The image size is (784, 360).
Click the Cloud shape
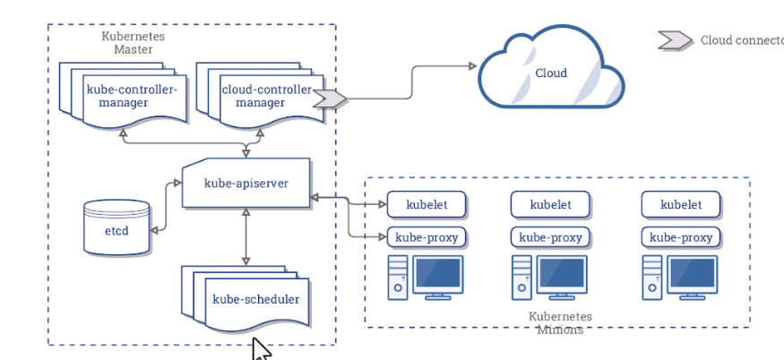(551, 73)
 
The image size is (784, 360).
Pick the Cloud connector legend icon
(675, 40)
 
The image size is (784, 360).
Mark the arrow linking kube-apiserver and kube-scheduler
(246, 237)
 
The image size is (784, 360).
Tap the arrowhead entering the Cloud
(471, 65)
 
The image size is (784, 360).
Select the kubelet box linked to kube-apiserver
(428, 204)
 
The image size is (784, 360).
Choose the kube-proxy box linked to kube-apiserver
(428, 237)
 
